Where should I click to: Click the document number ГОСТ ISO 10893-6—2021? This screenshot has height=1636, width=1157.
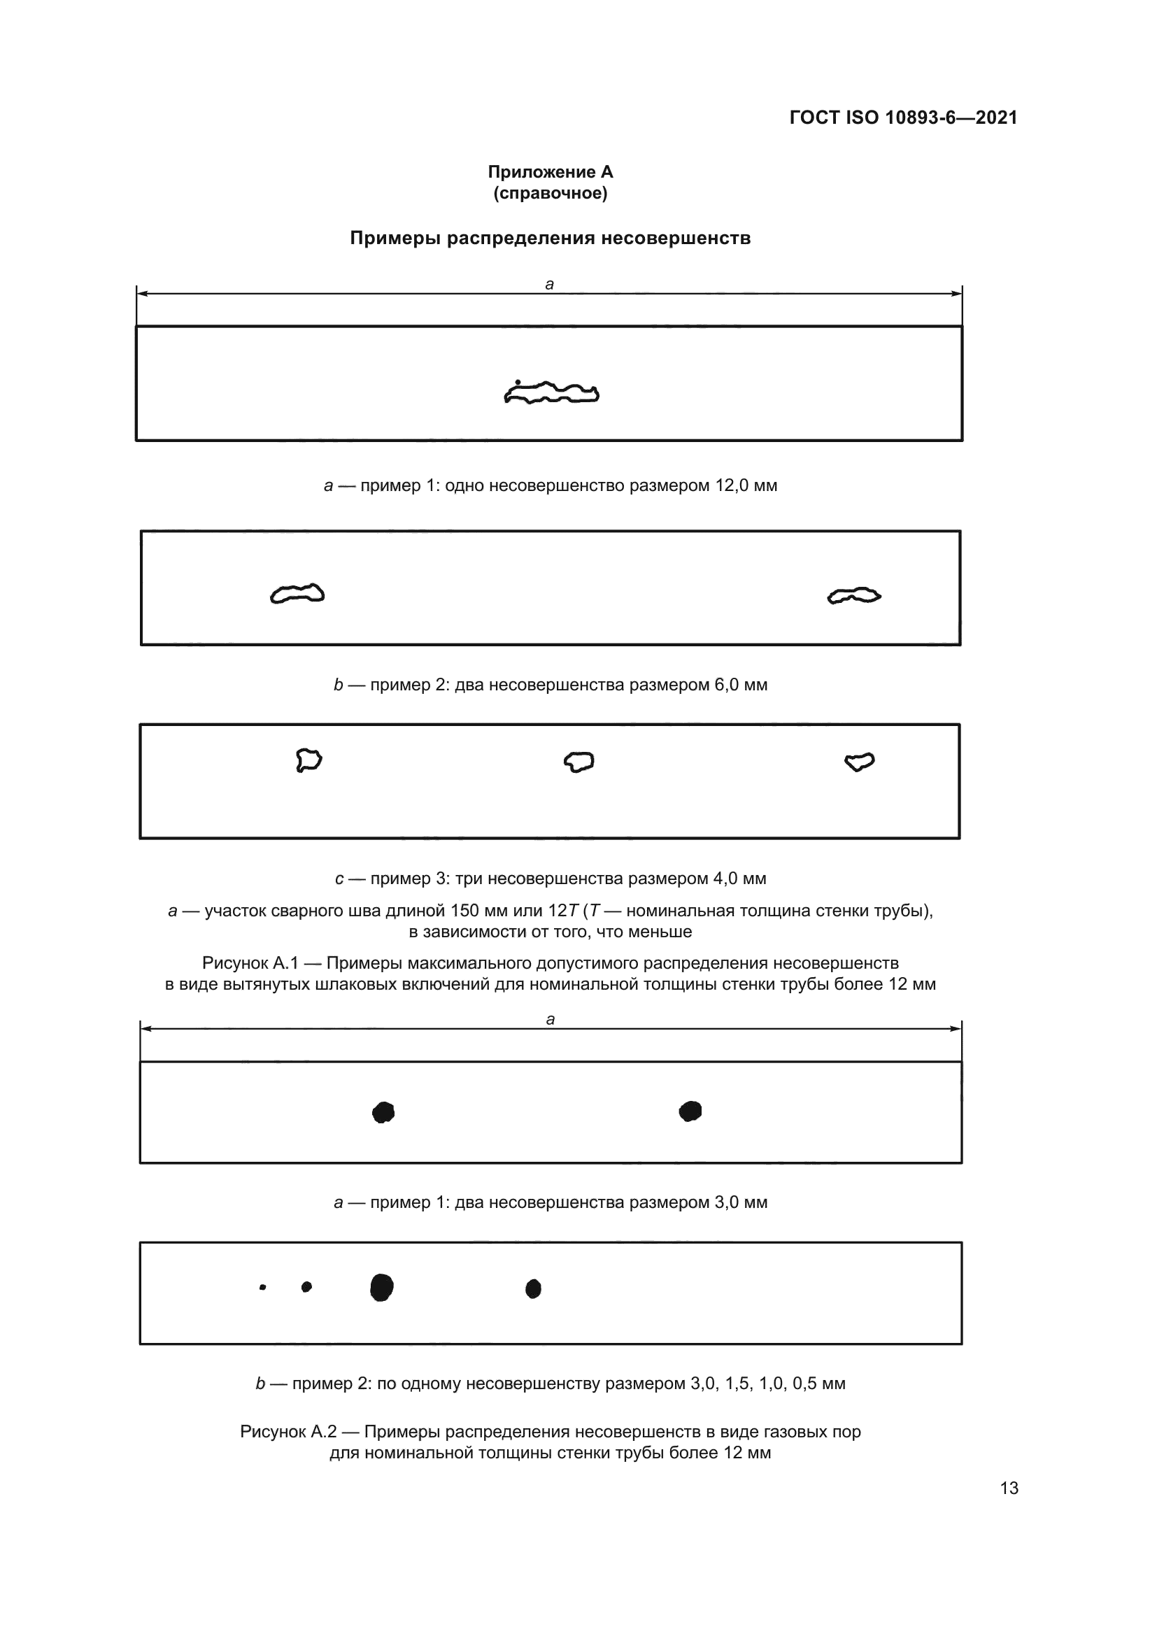tap(902, 118)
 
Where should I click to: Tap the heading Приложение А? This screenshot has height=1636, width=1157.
tap(550, 172)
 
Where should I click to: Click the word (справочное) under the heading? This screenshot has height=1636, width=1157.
tap(550, 193)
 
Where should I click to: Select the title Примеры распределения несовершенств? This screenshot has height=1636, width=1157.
tap(550, 238)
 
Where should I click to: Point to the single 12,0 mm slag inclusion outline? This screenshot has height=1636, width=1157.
tap(551, 392)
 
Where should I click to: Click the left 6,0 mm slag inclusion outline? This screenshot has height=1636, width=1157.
tap(297, 594)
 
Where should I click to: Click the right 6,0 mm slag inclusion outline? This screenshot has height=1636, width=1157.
tap(853, 596)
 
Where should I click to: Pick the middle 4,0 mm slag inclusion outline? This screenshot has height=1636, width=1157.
tap(578, 762)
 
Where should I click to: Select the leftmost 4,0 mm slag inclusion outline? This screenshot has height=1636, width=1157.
tap(308, 760)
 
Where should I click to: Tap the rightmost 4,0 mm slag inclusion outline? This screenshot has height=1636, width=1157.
tap(859, 762)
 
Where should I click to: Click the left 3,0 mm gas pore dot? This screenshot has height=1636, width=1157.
tap(383, 1112)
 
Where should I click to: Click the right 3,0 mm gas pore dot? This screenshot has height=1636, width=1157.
tap(690, 1111)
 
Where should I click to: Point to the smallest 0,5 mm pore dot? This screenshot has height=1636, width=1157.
tap(263, 1288)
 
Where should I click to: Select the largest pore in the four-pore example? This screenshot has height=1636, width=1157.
tap(382, 1288)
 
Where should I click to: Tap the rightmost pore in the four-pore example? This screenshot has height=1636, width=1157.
tap(533, 1288)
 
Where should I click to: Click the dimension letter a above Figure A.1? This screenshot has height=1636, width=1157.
tap(549, 284)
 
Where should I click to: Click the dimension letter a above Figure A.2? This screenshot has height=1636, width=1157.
tap(550, 1020)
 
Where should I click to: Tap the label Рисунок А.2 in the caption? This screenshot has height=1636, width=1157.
tap(288, 1432)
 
